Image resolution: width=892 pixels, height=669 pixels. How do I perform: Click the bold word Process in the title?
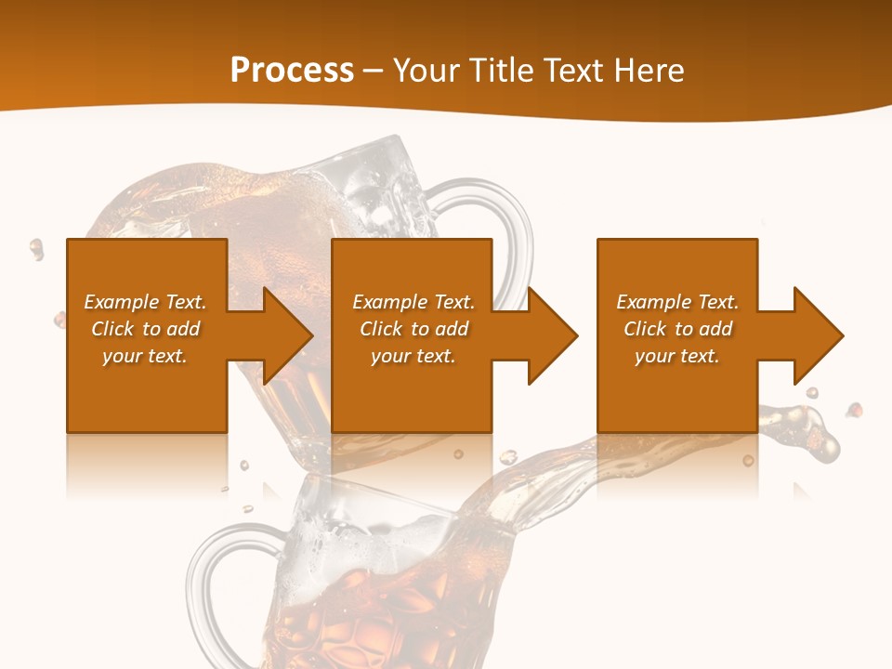(292, 70)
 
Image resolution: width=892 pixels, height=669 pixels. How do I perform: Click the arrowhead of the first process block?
(286, 335)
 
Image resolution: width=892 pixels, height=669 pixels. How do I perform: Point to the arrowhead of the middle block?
(551, 335)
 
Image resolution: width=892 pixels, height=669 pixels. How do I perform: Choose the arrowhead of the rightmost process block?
(817, 335)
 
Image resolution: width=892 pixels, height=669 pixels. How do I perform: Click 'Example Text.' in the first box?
(145, 302)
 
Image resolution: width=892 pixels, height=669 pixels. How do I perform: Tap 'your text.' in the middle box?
(413, 356)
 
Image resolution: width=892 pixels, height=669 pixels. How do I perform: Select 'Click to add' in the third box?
(677, 329)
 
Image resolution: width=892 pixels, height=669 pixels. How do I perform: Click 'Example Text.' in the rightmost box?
(677, 302)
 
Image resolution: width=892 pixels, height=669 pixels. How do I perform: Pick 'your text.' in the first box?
(145, 356)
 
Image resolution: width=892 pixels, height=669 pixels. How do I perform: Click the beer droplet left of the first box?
(36, 248)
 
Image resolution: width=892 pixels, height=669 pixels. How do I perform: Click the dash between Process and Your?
(374, 71)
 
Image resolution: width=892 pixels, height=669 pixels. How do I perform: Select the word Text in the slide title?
(569, 71)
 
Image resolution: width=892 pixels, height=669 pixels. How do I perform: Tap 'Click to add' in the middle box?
(413, 329)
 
